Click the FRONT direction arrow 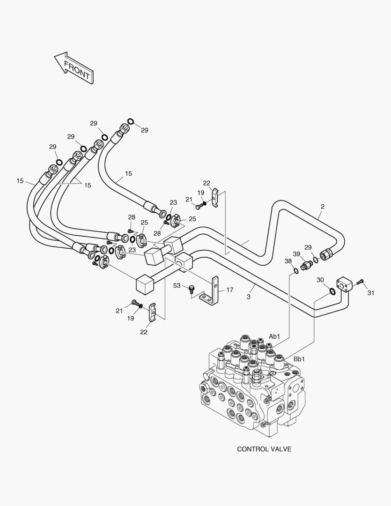click(x=74, y=68)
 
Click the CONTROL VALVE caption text click(x=264, y=449)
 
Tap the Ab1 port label click(x=274, y=336)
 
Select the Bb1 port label click(x=299, y=359)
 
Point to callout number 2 click(x=323, y=206)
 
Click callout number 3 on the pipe click(x=249, y=297)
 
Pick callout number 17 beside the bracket click(x=229, y=290)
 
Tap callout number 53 click(x=177, y=285)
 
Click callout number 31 click(x=371, y=294)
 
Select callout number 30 click(x=320, y=280)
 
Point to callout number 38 click(x=288, y=261)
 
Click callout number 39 click(x=296, y=253)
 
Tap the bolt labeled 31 click(x=359, y=282)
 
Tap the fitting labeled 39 click(x=306, y=266)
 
